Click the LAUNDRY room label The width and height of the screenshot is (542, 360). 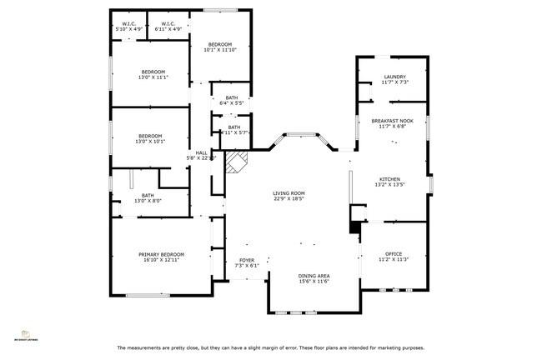[394, 77]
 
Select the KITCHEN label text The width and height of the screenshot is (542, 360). [390, 179]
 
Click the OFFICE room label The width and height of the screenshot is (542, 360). [394, 253]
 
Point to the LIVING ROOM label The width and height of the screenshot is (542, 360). [289, 193]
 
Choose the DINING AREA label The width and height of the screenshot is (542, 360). [314, 275]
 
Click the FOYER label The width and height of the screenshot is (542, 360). [247, 260]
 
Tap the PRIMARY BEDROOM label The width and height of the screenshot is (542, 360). [161, 254]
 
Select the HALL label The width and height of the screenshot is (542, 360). [201, 152]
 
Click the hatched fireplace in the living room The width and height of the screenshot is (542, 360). [237, 162]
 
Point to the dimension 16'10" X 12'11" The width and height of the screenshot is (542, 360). [161, 260]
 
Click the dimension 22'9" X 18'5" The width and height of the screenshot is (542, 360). [289, 200]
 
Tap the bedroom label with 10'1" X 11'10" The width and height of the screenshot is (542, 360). [220, 44]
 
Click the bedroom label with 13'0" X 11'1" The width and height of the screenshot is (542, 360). [153, 72]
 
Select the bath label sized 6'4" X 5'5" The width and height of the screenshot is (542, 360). [231, 97]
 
